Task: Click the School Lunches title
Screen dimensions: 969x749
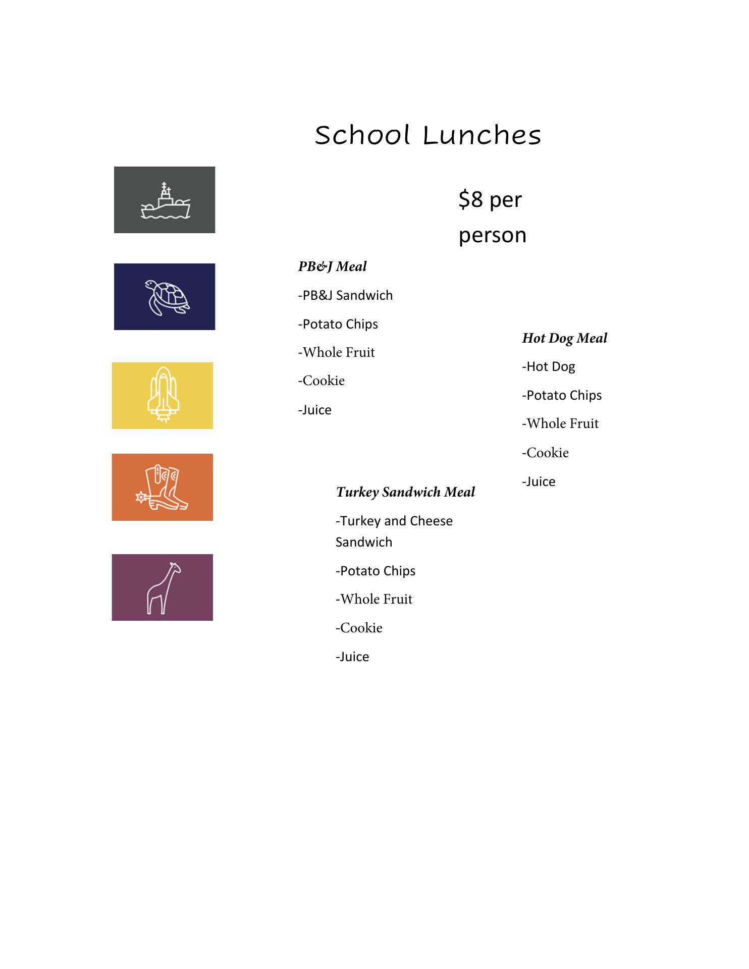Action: click(x=428, y=135)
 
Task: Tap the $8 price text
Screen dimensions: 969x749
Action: click(x=471, y=200)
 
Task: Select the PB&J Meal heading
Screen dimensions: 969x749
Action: click(x=332, y=266)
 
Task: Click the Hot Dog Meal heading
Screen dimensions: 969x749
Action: click(x=564, y=338)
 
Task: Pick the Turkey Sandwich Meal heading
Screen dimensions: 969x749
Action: click(x=405, y=492)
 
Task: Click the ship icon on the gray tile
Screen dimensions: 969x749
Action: click(x=165, y=201)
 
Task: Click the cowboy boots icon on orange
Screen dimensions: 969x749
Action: click(x=163, y=488)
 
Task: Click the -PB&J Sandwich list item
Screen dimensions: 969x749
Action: click(x=345, y=295)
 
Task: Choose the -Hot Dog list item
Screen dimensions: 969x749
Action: click(x=549, y=367)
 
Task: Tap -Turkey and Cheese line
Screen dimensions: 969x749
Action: click(x=394, y=521)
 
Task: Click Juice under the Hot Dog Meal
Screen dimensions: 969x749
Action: click(x=539, y=482)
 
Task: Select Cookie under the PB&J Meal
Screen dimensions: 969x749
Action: click(x=322, y=381)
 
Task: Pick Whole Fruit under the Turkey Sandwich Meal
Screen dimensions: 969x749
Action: click(x=374, y=600)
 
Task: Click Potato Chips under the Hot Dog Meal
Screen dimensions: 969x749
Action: click(x=562, y=395)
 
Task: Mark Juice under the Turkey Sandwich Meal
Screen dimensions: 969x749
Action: click(x=352, y=657)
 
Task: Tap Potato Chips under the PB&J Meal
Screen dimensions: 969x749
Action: click(x=338, y=324)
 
